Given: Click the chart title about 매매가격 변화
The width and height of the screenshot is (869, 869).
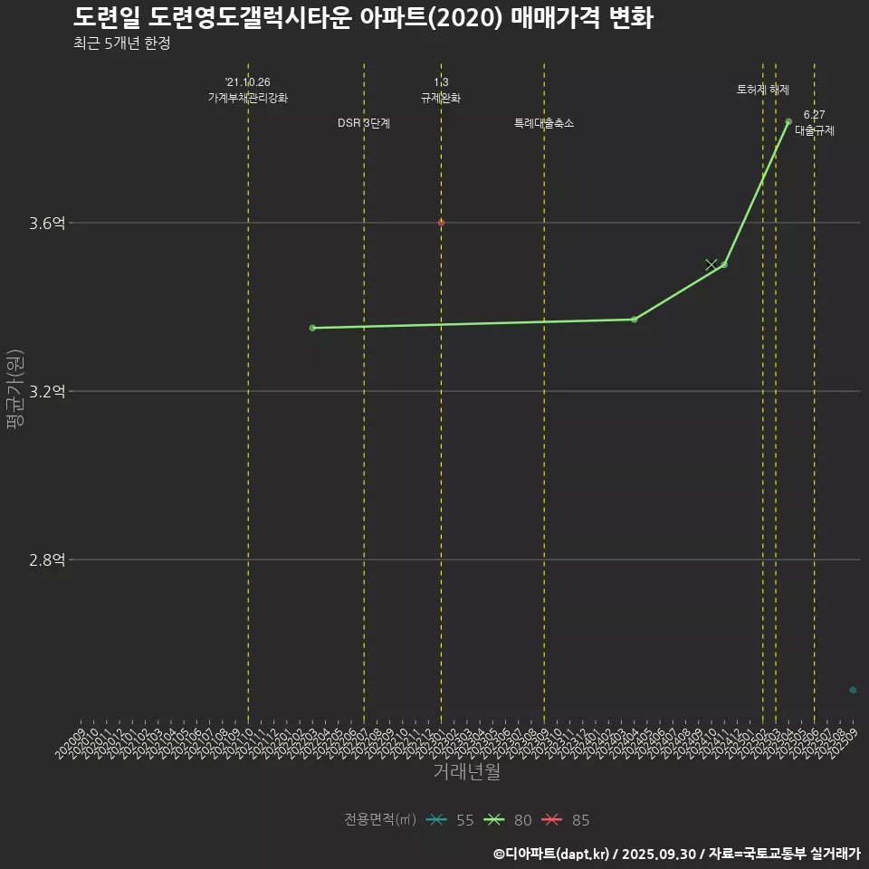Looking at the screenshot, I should pyautogui.click(x=363, y=18).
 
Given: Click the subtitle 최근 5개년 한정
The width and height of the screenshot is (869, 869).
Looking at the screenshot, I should pyautogui.click(x=121, y=43).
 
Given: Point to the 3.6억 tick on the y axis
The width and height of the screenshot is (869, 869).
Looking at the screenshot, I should pyautogui.click(x=47, y=224).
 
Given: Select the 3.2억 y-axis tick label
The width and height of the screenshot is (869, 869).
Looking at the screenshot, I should pyautogui.click(x=47, y=392).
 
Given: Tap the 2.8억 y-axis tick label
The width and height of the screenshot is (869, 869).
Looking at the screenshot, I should pyautogui.click(x=47, y=560).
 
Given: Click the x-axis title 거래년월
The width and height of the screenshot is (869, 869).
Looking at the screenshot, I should pyautogui.click(x=466, y=772).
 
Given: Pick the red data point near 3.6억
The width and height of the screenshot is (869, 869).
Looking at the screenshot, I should pyautogui.click(x=441, y=223).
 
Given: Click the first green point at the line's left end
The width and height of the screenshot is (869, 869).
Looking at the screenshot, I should pyautogui.click(x=312, y=328).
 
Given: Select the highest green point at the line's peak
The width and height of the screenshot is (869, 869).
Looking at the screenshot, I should pyautogui.click(x=788, y=121).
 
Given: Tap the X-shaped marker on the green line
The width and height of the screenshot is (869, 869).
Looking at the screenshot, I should pyautogui.click(x=711, y=264).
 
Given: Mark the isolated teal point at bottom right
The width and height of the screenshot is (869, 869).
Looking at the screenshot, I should pyautogui.click(x=853, y=691).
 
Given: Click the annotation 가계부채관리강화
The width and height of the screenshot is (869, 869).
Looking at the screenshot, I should pyautogui.click(x=248, y=98).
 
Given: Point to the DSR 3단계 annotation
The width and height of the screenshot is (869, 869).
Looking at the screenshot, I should pyautogui.click(x=364, y=123).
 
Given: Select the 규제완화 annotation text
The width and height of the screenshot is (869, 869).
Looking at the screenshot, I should pyautogui.click(x=441, y=98).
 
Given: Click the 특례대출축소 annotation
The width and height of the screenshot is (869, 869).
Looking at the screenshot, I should pyautogui.click(x=544, y=123).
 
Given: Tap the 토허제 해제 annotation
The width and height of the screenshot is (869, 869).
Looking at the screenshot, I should pyautogui.click(x=763, y=90).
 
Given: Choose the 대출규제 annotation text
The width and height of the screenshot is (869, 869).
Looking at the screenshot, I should pyautogui.click(x=815, y=130).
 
